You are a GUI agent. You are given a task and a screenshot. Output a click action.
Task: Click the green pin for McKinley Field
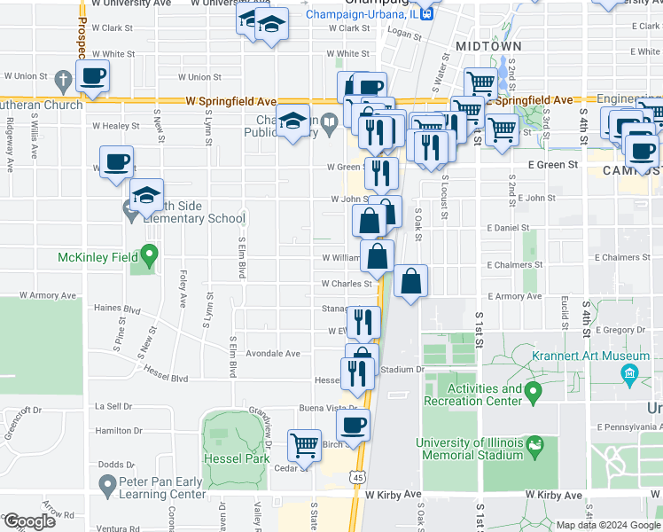(x=149, y=256)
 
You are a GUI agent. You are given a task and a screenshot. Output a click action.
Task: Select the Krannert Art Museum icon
(x=629, y=374)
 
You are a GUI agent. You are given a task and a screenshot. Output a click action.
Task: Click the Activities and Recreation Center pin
(x=533, y=390)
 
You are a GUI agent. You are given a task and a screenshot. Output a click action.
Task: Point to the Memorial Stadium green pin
(x=534, y=442)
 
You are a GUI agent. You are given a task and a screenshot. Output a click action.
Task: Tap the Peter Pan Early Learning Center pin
(x=107, y=483)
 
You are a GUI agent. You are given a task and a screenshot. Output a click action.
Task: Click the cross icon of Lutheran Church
(x=63, y=82)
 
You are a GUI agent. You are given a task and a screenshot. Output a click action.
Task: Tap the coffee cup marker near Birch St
(x=354, y=426)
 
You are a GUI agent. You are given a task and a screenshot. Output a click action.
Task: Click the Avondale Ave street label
(x=273, y=353)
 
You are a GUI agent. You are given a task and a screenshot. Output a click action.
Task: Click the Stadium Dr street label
(x=403, y=369)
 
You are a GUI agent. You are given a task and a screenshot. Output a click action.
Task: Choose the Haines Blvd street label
(x=117, y=309)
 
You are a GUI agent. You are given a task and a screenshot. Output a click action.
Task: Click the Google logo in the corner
(x=29, y=520)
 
